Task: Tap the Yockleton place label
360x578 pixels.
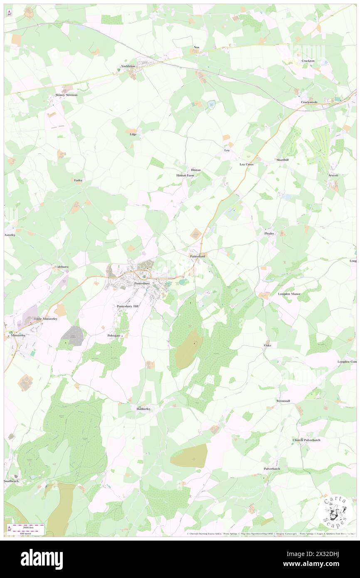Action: click(x=128, y=66)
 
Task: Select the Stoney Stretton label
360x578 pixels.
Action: click(x=67, y=95)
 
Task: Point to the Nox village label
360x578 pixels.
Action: click(x=197, y=47)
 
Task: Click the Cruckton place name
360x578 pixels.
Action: click(x=308, y=61)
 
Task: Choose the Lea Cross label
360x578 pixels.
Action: click(x=247, y=164)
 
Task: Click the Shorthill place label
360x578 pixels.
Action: click(x=282, y=160)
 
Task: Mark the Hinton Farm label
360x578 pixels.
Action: click(x=185, y=175)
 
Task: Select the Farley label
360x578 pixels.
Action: click(x=78, y=180)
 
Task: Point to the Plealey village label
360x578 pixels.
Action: click(x=269, y=234)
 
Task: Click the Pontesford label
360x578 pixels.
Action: click(x=197, y=257)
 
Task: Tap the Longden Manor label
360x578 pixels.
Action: click(x=289, y=294)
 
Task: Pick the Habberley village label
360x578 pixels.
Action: click(x=143, y=409)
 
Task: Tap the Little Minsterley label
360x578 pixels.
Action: click(x=45, y=319)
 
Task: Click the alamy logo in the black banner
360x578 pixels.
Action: click(x=42, y=559)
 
